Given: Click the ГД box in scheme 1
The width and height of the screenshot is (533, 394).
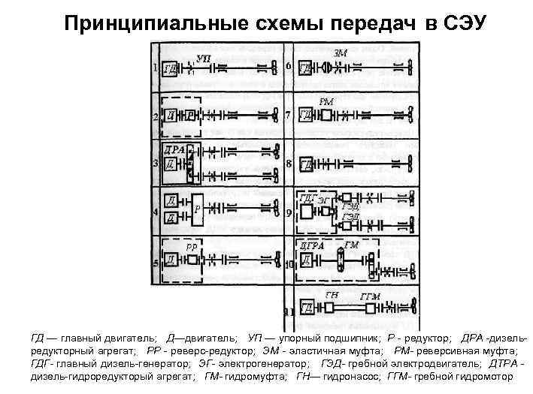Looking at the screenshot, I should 170,69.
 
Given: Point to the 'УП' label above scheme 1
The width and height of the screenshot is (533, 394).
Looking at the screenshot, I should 203,57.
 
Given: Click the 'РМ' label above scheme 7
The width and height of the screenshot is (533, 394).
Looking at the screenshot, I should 326,101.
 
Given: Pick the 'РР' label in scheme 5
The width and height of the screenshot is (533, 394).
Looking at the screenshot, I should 192,246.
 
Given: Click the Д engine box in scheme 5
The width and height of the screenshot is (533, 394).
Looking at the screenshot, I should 171,260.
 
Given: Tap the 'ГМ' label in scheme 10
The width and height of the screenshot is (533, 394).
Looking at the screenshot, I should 351,245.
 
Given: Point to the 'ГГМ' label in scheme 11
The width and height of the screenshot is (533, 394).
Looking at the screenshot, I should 371,297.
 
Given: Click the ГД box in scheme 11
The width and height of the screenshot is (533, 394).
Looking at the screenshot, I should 307,308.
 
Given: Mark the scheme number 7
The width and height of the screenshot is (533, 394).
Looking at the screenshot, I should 289,115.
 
